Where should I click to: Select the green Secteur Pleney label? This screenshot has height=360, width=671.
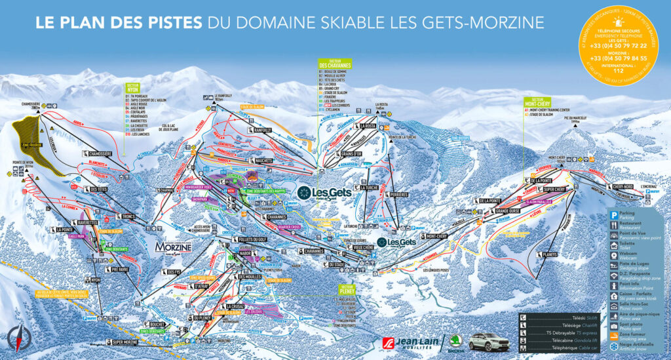click(347, 290)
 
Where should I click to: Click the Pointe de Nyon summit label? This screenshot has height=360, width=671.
click(22, 164)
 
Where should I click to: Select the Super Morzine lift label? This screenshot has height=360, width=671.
click(125, 342)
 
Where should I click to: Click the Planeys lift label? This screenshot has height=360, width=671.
click(549, 255)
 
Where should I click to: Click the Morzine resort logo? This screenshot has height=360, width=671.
click(174, 247)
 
